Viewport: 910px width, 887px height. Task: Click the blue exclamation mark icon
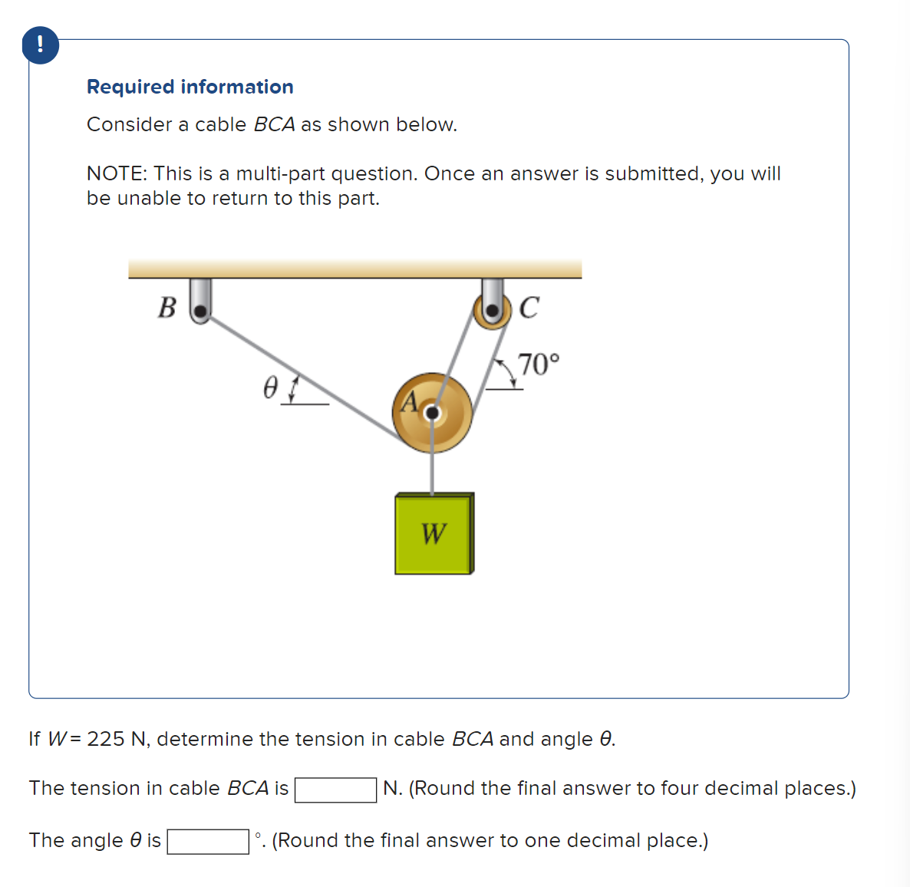tap(41, 45)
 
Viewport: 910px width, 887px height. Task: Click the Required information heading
tap(190, 87)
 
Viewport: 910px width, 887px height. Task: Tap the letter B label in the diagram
tap(167, 308)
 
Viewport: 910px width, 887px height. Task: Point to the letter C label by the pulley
tap(529, 308)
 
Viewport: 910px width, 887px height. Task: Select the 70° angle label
tap(539, 363)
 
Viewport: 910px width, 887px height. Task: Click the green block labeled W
tap(434, 533)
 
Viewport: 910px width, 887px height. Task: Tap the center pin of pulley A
tap(433, 414)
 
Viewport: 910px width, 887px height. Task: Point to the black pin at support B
tap(200, 312)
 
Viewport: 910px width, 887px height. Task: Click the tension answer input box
tap(335, 790)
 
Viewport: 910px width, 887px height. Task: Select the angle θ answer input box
tap(208, 842)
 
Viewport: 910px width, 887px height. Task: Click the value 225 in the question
tap(105, 739)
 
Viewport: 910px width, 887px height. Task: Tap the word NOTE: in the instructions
tap(117, 174)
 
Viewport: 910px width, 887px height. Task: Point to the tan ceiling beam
tap(354, 269)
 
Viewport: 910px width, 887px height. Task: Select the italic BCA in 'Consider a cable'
tap(274, 125)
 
